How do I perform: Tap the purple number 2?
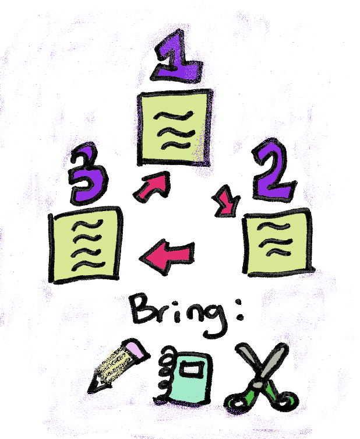[x=272, y=171]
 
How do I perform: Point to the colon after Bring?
[x=239, y=310]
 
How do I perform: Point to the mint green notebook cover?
[x=190, y=378]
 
